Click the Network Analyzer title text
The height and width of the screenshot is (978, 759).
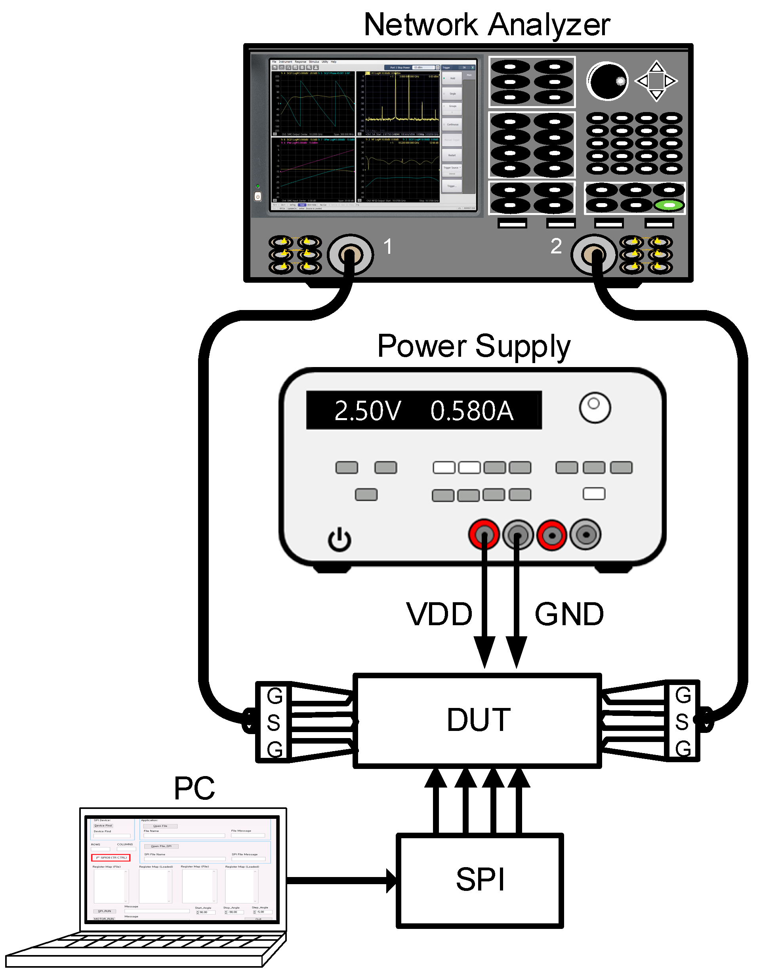pyautogui.click(x=486, y=25)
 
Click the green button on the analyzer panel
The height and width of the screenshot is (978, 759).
pyautogui.click(x=669, y=205)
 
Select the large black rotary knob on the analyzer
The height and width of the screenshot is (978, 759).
pyautogui.click(x=608, y=81)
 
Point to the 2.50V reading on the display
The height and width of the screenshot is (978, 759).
pyautogui.click(x=367, y=411)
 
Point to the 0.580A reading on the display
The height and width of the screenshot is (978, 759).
pyautogui.click(x=471, y=411)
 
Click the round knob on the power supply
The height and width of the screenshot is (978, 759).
pyautogui.click(x=595, y=407)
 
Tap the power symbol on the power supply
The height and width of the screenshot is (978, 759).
pyautogui.click(x=339, y=539)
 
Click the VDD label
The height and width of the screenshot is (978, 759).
pyautogui.click(x=439, y=614)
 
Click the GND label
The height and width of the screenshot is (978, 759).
pyautogui.click(x=569, y=614)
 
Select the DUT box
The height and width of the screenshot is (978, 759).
pyautogui.click(x=478, y=720)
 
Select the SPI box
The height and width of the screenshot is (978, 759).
pyautogui.click(x=479, y=880)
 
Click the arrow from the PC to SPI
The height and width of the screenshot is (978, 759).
pyautogui.click(x=341, y=880)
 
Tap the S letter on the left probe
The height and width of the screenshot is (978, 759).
pyautogui.click(x=273, y=723)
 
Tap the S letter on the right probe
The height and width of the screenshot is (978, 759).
pyautogui.click(x=681, y=722)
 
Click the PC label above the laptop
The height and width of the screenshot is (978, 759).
pyautogui.click(x=194, y=789)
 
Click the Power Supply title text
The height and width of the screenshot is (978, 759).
pyautogui.click(x=474, y=346)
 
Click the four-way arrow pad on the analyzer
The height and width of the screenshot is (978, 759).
pyautogui.click(x=656, y=81)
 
